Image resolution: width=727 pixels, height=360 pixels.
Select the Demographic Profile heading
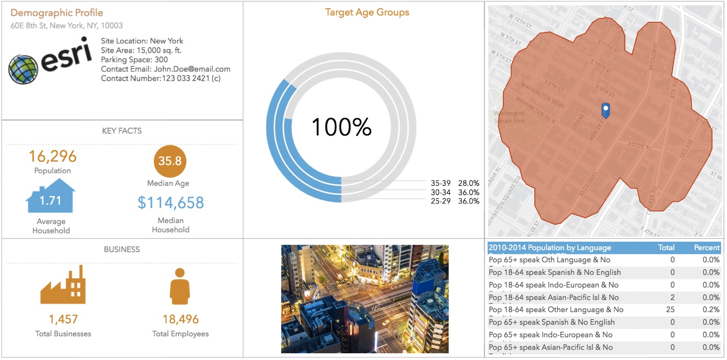tap(57, 13)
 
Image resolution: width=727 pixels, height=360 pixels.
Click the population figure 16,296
tap(53, 156)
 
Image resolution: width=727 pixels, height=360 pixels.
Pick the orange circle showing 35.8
tap(170, 161)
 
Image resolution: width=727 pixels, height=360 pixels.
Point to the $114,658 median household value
tap(171, 202)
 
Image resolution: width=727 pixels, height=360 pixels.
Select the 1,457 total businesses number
tap(63, 319)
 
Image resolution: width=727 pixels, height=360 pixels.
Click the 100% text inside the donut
tap(341, 127)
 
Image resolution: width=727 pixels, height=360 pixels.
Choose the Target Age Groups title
tap(367, 12)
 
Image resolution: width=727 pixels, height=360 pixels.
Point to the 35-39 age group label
tap(440, 183)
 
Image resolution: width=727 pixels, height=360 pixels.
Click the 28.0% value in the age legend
tap(469, 183)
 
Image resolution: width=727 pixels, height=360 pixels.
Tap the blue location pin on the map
tap(606, 110)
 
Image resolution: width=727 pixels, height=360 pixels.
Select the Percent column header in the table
tap(706, 248)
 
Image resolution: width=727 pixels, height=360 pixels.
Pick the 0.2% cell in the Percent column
tap(711, 310)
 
